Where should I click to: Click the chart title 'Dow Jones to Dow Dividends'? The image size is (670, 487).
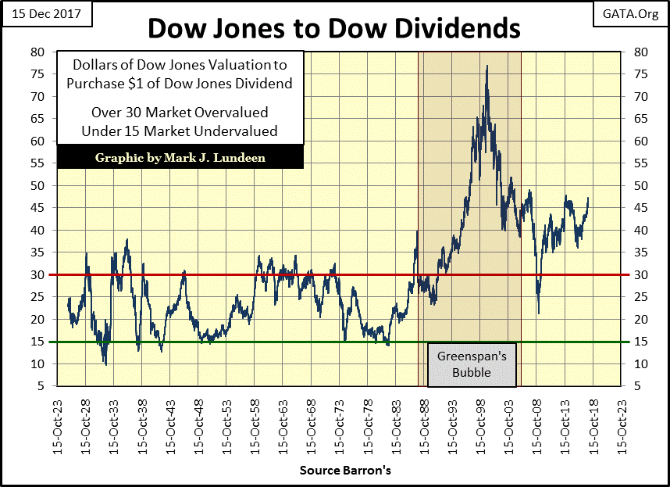point(334,28)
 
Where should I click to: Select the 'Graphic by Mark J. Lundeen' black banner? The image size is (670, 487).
point(180,157)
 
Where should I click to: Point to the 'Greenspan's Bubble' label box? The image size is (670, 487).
point(471,364)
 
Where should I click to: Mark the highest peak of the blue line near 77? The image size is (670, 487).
point(487,66)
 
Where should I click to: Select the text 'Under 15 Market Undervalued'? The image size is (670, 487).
point(180,130)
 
